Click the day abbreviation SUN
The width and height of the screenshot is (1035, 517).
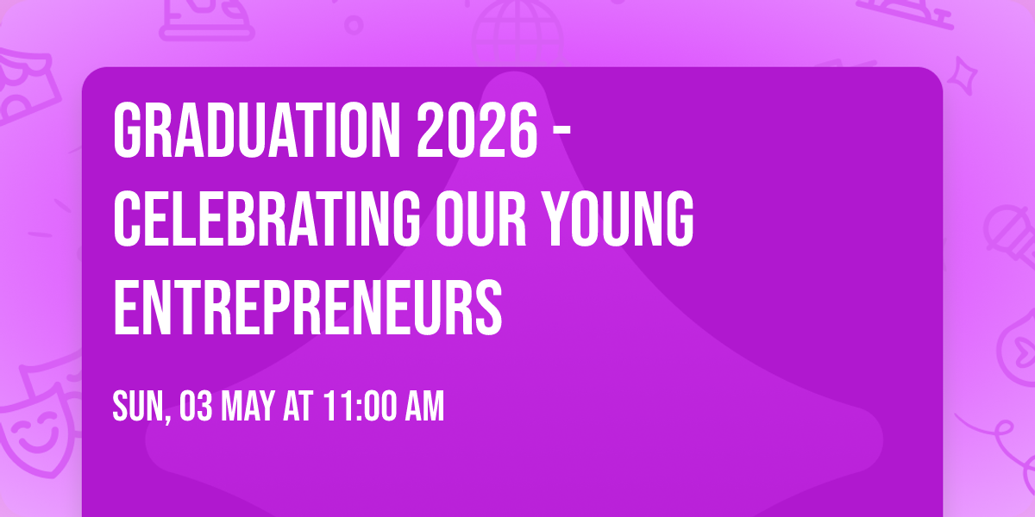[138, 406]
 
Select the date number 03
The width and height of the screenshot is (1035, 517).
[196, 406]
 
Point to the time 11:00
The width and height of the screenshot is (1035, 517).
[360, 406]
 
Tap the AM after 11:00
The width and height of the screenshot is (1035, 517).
[425, 406]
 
